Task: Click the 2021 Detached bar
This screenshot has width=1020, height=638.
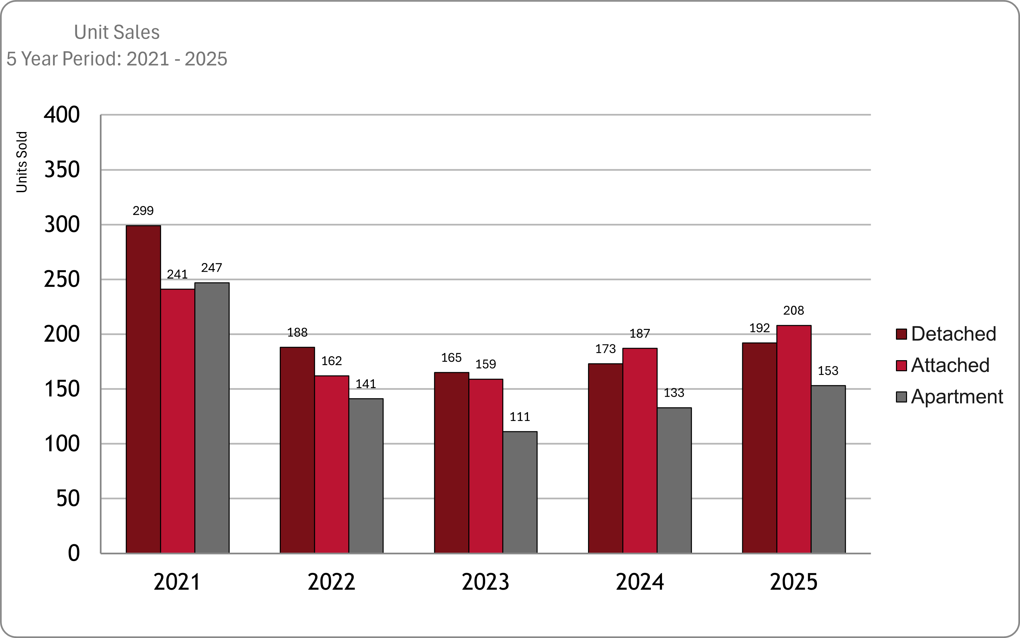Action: [x=143, y=389]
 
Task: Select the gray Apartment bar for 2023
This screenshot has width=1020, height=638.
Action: [x=520, y=492]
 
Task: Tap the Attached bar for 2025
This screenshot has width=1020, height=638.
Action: [x=794, y=439]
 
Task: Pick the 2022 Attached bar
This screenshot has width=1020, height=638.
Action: [x=331, y=464]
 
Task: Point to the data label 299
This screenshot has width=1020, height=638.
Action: [x=143, y=211]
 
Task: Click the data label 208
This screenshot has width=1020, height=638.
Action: [x=793, y=310]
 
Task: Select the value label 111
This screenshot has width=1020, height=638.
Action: [x=520, y=417]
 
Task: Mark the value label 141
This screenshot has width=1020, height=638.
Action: [x=366, y=384]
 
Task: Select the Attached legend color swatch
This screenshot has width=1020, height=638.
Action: [x=901, y=366]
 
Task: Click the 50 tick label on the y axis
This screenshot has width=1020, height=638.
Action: [x=68, y=499]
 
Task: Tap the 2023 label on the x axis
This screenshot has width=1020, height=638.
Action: [x=485, y=582]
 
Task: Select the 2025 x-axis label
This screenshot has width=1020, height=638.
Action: [x=794, y=582]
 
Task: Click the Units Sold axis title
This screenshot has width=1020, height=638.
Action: [x=22, y=162]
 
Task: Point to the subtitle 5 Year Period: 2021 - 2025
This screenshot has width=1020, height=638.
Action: [x=117, y=59]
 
